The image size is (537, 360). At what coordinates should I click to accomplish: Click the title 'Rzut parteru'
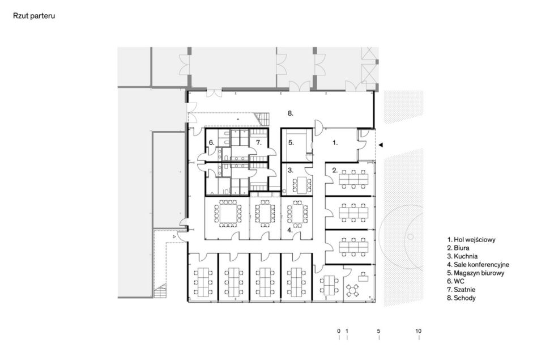click(34, 16)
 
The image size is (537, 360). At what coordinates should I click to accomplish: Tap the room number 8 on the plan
click(291, 113)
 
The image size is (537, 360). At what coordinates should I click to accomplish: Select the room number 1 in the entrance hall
click(335, 143)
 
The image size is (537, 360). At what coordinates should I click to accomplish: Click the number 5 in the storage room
click(291, 143)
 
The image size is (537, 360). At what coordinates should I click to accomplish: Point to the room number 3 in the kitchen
click(291, 170)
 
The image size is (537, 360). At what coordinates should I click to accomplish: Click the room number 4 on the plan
click(290, 230)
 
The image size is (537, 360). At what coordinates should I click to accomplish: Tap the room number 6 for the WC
click(212, 143)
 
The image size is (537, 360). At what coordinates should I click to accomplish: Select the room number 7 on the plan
click(258, 143)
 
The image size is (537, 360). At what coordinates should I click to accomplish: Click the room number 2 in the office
click(335, 170)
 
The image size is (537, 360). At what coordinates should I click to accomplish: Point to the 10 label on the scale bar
click(419, 331)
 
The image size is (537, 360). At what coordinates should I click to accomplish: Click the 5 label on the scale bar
click(379, 331)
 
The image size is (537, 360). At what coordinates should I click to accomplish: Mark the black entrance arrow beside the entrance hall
click(381, 145)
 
